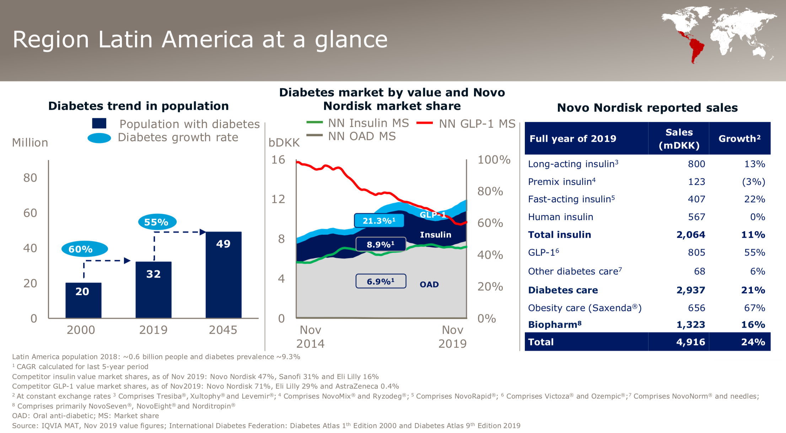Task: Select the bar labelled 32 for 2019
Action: coord(154,289)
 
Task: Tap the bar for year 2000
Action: coord(84,300)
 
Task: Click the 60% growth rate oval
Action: coord(85,249)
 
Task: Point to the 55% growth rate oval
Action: coord(157,222)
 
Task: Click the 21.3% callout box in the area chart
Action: coord(379,221)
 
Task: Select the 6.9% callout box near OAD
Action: coord(381,281)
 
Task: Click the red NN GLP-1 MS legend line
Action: coord(424,123)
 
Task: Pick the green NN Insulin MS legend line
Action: coord(314,122)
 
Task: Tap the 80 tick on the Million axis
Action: coord(30,178)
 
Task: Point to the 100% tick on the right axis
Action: coord(494,160)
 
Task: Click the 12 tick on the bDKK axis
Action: coord(278,199)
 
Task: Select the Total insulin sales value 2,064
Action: coord(690,235)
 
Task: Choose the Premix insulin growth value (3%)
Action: coord(753,182)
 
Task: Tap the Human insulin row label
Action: coord(560,217)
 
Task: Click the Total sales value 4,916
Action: coord(690,342)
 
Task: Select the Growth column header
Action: coord(739,138)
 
